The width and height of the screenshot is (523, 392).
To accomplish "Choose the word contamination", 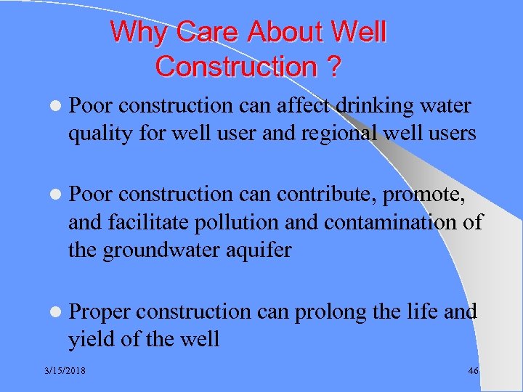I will coord(389,222).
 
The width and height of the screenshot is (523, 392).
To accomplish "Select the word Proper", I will coord(100,312).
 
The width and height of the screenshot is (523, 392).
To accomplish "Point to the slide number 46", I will coord(473,371).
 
